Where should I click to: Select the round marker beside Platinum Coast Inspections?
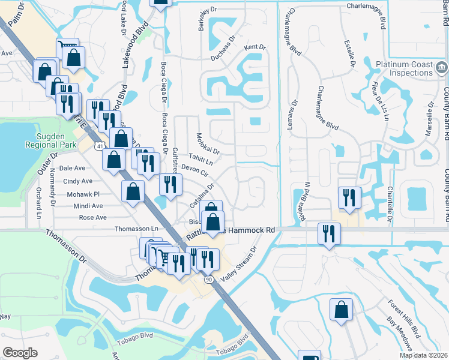pos(442,66)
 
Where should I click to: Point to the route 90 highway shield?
pos(208,279)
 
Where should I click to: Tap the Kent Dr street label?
pos(255,47)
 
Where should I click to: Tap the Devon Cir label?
pos(194,170)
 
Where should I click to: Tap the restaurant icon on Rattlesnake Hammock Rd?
pos(328,233)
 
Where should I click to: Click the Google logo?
pos(20,353)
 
